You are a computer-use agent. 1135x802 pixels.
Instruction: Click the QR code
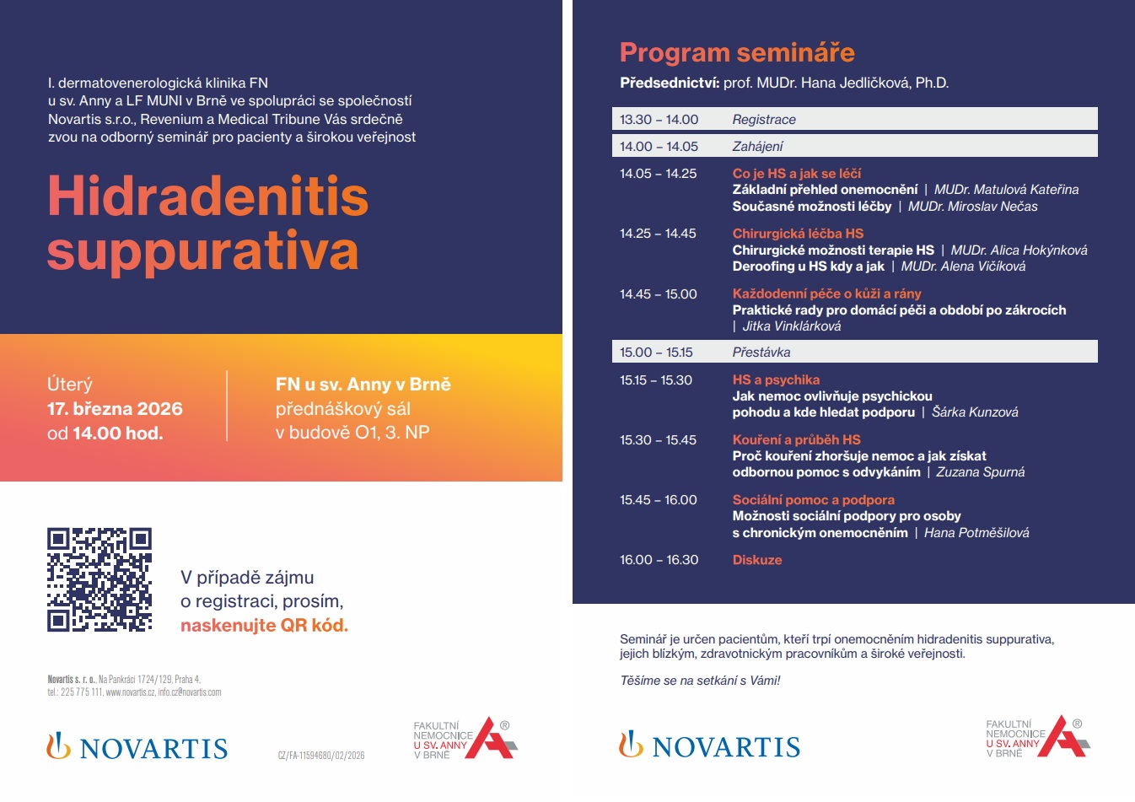100,580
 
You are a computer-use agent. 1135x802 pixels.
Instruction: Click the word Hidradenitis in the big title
208,196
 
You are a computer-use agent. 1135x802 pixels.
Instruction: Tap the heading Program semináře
737,52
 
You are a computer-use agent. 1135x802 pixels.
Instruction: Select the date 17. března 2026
115,409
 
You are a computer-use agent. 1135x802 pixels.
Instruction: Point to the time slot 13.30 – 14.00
659,120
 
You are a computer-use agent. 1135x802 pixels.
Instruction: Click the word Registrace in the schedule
764,120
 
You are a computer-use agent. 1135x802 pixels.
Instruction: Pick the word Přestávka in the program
761,353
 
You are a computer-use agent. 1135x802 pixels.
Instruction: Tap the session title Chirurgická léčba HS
798,234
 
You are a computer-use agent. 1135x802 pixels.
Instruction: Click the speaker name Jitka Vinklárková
792,326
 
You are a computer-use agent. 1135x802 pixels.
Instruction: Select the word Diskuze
757,560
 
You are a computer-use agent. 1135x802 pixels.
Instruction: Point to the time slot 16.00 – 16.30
659,560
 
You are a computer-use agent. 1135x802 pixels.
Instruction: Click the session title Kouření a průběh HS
796,439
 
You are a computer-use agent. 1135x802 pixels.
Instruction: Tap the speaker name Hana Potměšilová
976,533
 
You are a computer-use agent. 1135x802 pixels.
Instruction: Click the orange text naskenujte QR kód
264,626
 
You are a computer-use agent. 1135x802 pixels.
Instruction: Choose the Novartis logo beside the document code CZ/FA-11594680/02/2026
137,747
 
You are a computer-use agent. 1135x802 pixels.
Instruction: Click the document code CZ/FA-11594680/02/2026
321,756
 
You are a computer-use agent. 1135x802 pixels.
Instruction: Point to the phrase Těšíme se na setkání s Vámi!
700,681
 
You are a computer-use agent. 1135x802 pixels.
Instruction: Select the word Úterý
70,385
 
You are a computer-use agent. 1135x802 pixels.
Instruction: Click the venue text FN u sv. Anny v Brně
363,385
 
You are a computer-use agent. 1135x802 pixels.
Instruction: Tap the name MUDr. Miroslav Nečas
972,207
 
